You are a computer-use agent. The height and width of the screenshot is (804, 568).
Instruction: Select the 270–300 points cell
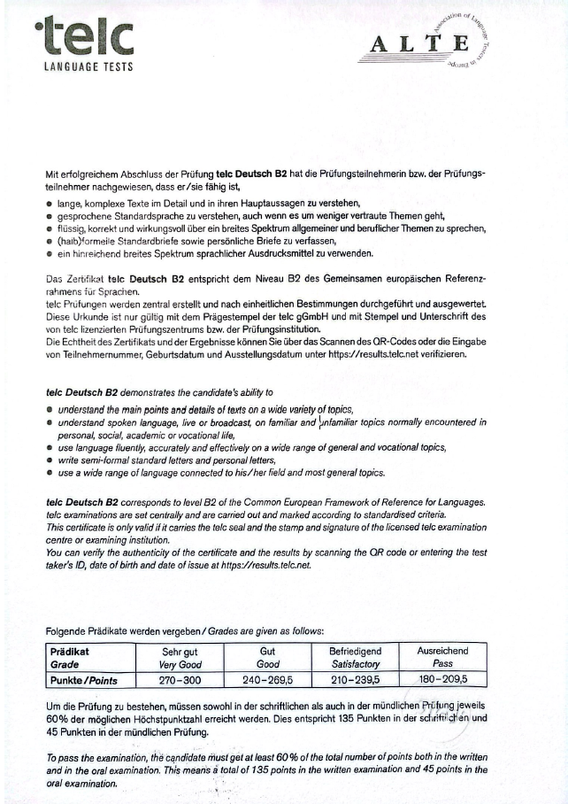(x=179, y=680)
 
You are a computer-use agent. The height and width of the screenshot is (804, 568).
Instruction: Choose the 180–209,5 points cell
(x=442, y=680)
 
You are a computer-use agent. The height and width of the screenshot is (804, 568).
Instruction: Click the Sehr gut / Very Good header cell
(x=179, y=656)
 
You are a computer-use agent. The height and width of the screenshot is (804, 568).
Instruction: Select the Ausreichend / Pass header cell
(x=442, y=656)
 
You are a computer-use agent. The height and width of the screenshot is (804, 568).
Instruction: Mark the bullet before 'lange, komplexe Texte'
(x=50, y=204)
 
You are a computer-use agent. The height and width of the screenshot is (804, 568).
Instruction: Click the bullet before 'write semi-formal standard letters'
(x=50, y=460)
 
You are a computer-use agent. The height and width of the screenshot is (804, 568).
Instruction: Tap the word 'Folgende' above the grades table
(x=66, y=631)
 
